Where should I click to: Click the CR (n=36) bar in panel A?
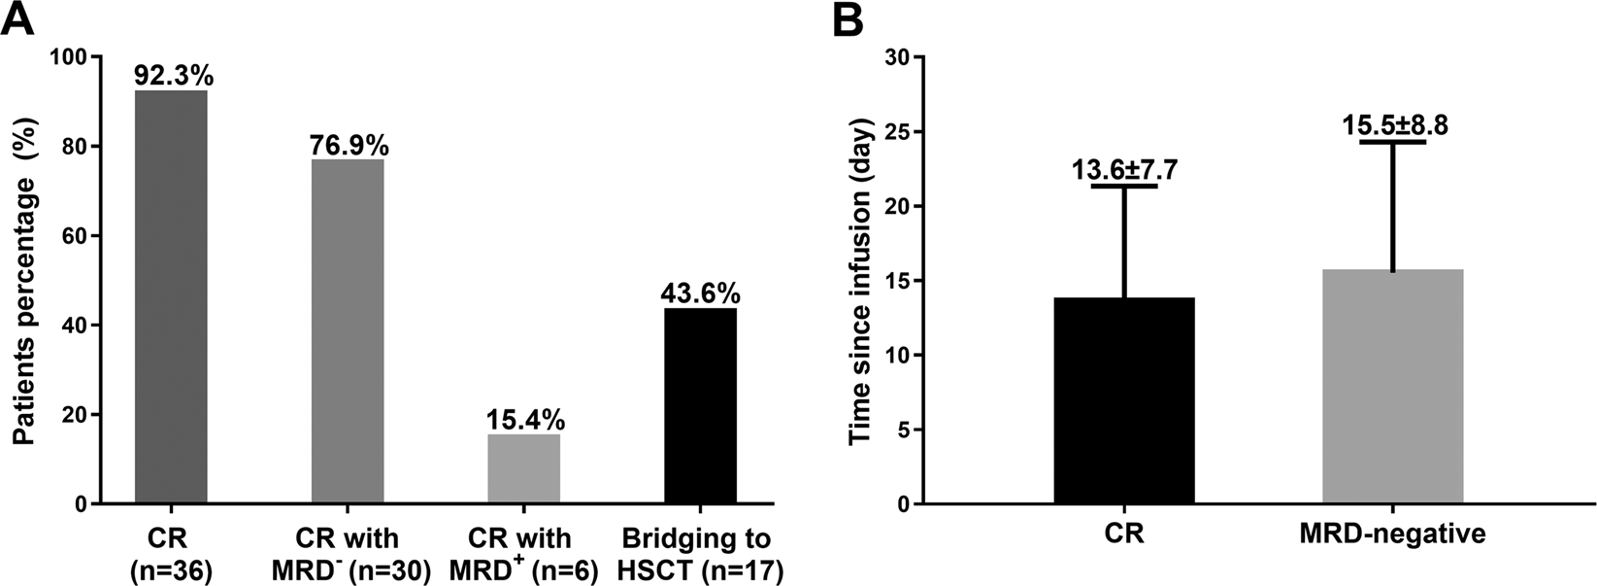[172, 296]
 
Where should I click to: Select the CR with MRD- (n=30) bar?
[349, 331]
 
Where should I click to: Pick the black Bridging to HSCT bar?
[701, 405]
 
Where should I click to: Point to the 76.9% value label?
[349, 145]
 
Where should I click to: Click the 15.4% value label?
[525, 420]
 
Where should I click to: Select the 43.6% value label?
[701, 293]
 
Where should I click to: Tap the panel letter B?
[847, 19]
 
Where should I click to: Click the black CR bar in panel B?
[1124, 400]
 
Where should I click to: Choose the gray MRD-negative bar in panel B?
[1393, 386]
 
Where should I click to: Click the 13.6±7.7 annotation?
[1125, 170]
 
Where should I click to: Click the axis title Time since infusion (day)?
[860, 282]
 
